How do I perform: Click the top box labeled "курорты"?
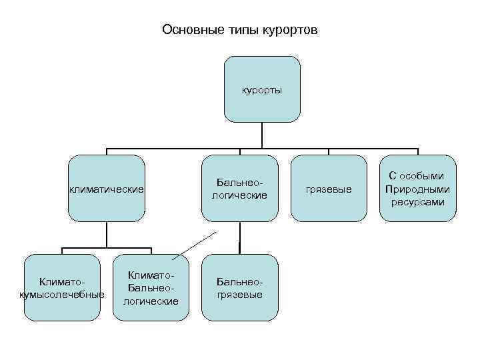(x=262, y=89)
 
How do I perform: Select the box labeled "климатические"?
(x=107, y=189)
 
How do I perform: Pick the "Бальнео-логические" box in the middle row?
(x=239, y=189)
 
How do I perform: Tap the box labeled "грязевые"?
(x=329, y=189)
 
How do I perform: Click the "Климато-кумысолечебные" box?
(x=62, y=287)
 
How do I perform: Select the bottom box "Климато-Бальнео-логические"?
(x=151, y=287)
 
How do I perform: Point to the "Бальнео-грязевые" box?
(x=240, y=287)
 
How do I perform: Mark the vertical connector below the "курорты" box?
(x=262, y=135)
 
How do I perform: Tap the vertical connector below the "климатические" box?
(x=107, y=234)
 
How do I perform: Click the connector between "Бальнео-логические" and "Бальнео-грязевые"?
(x=239, y=238)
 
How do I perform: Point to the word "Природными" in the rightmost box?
(x=418, y=189)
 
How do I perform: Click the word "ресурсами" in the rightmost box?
(x=418, y=201)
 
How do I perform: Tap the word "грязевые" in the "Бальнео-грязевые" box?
(x=240, y=294)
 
